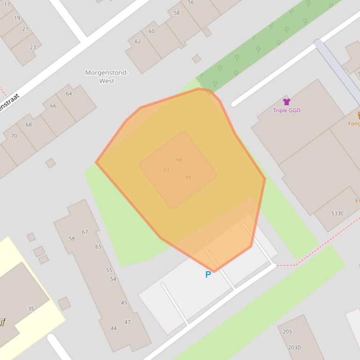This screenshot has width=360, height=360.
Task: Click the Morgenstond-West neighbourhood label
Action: point(107,77)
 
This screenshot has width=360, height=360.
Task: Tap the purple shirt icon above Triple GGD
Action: point(287,102)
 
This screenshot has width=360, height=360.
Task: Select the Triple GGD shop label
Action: point(287,110)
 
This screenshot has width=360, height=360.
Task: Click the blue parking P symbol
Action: point(208,274)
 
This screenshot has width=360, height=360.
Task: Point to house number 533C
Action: point(337,214)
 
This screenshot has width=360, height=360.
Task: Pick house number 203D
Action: point(294,347)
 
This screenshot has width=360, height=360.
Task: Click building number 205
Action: point(287,332)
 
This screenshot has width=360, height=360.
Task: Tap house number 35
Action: point(31,309)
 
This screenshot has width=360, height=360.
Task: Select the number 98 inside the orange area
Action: point(179,160)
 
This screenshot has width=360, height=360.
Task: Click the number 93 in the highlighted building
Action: point(166,170)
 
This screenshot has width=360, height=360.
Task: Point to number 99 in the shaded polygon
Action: point(188,178)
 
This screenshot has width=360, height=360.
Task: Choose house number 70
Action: point(14,136)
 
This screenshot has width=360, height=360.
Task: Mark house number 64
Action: point(69,94)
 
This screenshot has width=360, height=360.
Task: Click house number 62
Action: point(138,42)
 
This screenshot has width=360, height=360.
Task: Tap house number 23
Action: point(32,47)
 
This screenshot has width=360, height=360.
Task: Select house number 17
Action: point(7,5)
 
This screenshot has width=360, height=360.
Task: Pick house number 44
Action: point(113,328)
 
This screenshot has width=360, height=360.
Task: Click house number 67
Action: point(85,232)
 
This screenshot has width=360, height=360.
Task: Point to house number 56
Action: point(191,3)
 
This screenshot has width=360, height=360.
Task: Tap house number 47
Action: point(127,322)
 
